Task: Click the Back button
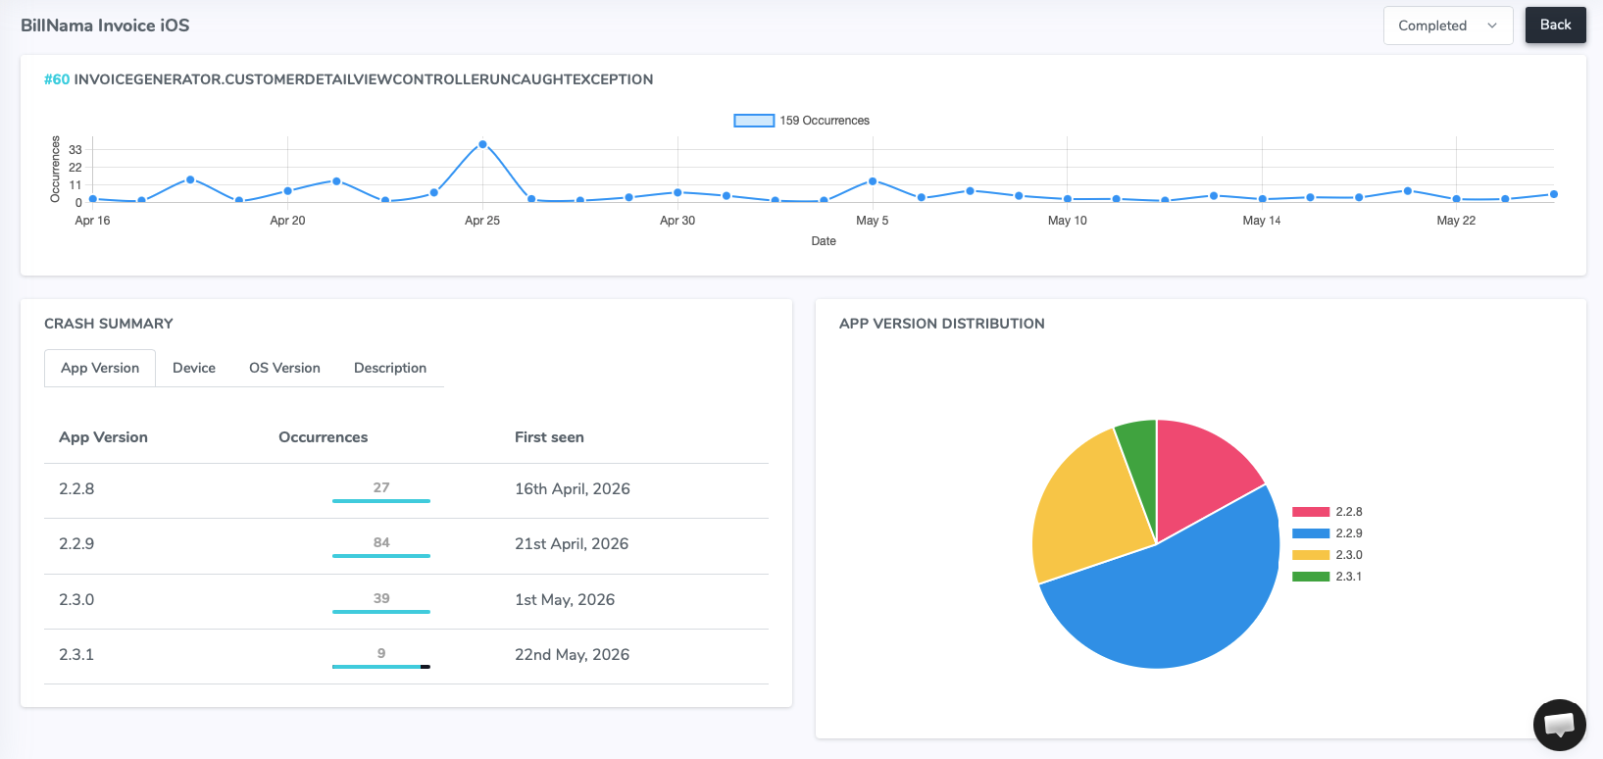[1555, 25]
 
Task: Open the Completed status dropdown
[1448, 25]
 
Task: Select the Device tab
[194, 368]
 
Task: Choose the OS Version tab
[284, 368]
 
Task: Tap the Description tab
[390, 368]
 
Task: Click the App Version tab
[99, 368]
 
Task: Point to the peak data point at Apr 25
[482, 144]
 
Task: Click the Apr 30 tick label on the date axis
[676, 221]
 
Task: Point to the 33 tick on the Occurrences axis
[75, 150]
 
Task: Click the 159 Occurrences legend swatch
[754, 121]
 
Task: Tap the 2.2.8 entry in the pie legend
[1327, 512]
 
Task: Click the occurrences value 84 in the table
[380, 542]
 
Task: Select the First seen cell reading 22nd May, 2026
[572, 654]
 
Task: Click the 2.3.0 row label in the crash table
[76, 599]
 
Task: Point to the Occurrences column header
[323, 437]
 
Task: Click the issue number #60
[57, 79]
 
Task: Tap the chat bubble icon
[1559, 725]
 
